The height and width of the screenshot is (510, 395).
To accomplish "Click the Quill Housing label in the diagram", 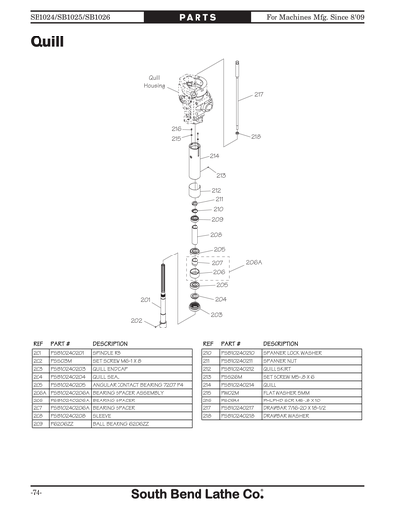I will tap(155, 81).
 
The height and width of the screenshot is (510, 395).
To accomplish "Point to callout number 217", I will tap(258, 94).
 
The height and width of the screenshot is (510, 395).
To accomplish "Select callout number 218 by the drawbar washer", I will tap(256, 137).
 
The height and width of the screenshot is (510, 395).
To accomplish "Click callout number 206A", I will tap(253, 263).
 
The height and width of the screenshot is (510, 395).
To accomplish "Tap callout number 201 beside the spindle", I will tap(144, 299).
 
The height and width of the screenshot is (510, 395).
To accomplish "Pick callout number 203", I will tap(217, 312).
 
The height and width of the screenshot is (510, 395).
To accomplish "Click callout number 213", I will tap(221, 175).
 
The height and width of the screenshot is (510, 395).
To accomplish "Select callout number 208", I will tap(216, 234).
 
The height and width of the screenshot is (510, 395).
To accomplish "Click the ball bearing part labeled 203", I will tap(194, 310).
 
